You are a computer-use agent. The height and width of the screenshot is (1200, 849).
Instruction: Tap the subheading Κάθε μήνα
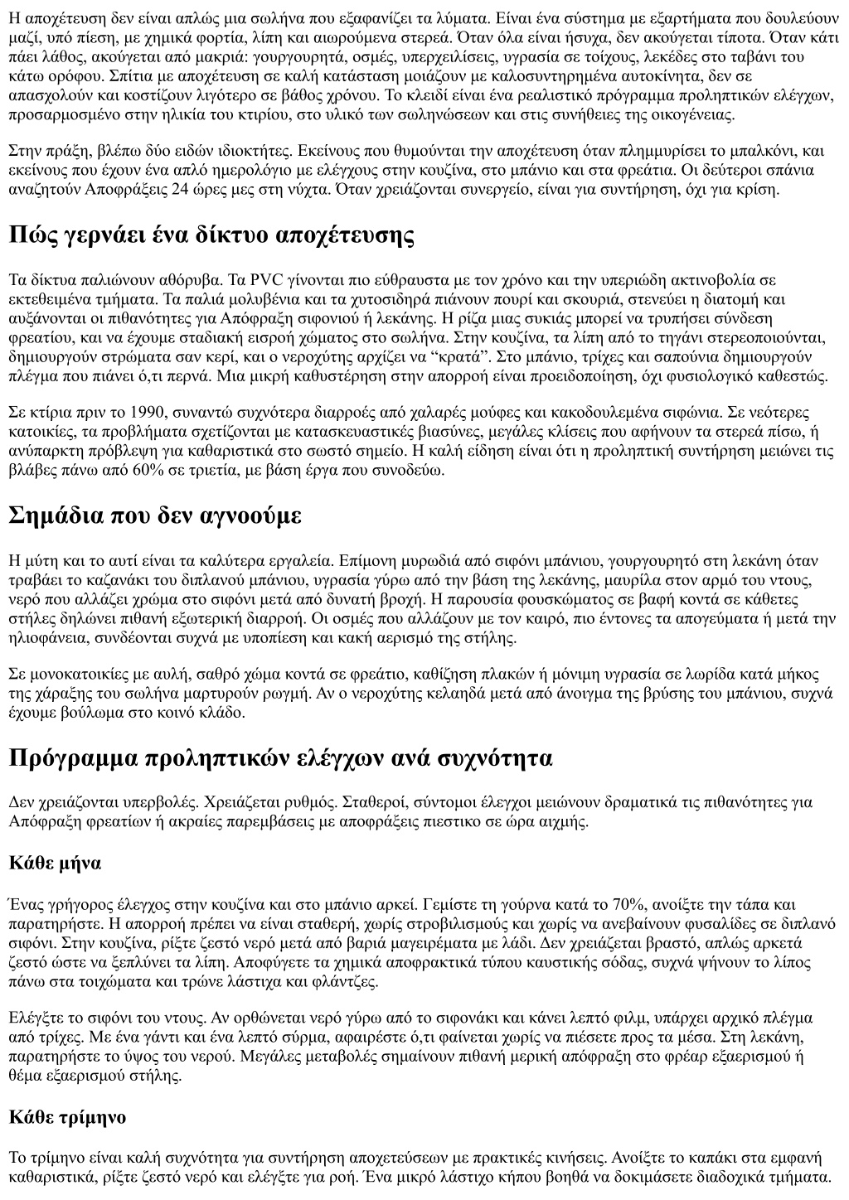pos(55,863)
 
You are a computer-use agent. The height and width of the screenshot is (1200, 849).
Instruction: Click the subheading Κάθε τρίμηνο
pos(67,1116)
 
